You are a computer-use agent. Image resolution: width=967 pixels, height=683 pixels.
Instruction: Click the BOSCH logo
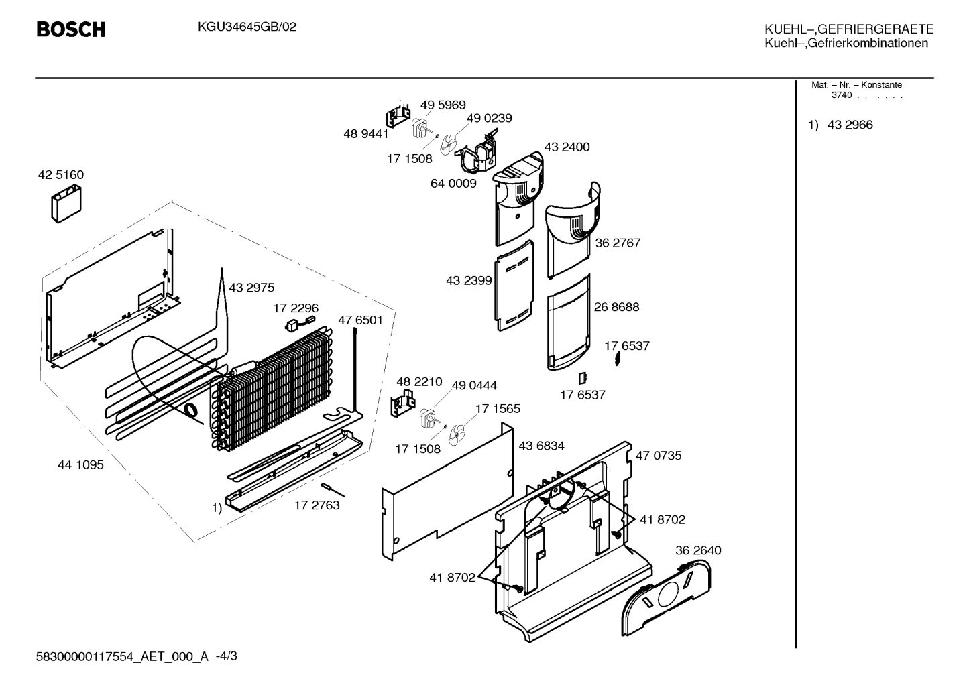pyautogui.click(x=71, y=29)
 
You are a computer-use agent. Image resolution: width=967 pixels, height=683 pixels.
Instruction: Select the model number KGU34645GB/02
pyautogui.click(x=247, y=27)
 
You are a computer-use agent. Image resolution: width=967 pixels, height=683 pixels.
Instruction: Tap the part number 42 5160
pyautogui.click(x=61, y=175)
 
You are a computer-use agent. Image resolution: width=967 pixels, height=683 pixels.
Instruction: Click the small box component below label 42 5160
pyautogui.click(x=66, y=204)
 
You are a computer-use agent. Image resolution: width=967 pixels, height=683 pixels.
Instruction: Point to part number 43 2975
pyautogui.click(x=251, y=288)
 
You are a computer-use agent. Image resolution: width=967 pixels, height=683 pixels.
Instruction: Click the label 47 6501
pyautogui.click(x=361, y=320)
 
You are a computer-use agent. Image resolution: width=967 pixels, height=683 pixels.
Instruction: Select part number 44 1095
pyautogui.click(x=80, y=464)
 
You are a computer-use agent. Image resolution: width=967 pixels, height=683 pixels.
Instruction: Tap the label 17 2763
pyautogui.click(x=317, y=505)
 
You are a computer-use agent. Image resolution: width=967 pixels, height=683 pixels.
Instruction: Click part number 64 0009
pyautogui.click(x=453, y=184)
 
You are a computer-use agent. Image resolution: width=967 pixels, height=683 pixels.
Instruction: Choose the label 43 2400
pyautogui.click(x=567, y=147)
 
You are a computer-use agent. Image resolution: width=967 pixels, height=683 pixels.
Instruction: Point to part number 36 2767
pyautogui.click(x=618, y=243)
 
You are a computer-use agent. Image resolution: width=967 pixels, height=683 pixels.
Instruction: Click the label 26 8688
pyautogui.click(x=616, y=307)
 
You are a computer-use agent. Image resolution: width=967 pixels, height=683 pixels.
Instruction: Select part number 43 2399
pyautogui.click(x=469, y=280)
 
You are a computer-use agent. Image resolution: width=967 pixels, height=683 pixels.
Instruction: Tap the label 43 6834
pyautogui.click(x=541, y=446)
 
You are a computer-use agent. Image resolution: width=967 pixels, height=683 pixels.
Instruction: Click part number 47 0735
pyautogui.click(x=659, y=456)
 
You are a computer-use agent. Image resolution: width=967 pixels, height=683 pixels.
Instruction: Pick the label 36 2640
pyautogui.click(x=698, y=550)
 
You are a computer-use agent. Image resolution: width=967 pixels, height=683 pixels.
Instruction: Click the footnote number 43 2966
pyautogui.click(x=850, y=125)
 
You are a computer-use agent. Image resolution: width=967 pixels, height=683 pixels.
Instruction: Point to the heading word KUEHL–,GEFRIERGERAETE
pyautogui.click(x=849, y=29)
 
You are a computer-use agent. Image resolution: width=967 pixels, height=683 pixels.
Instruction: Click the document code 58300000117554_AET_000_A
pyautogui.click(x=122, y=656)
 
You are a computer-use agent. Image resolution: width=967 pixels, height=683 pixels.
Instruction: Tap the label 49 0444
pyautogui.click(x=474, y=385)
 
